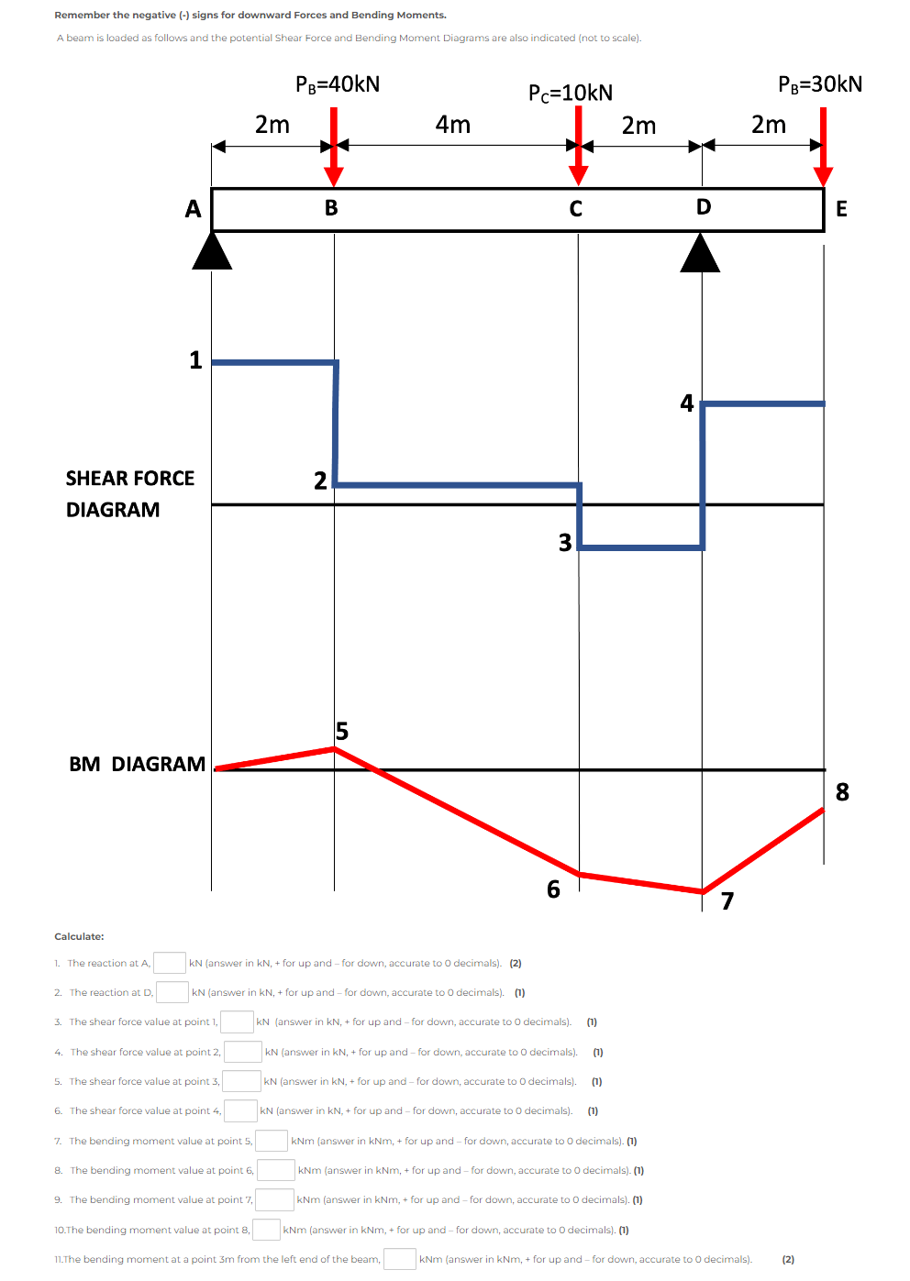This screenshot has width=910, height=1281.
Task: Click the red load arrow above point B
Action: click(x=334, y=147)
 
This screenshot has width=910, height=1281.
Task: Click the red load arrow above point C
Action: click(x=578, y=147)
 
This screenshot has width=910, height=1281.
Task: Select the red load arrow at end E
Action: click(x=823, y=147)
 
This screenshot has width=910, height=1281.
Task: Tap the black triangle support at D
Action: click(x=700, y=254)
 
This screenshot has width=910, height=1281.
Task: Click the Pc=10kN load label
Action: click(x=570, y=93)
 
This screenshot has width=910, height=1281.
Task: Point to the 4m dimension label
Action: click(x=452, y=125)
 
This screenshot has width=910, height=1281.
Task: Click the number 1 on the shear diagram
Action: click(x=195, y=359)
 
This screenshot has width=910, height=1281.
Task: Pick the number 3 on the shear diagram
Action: click(x=565, y=543)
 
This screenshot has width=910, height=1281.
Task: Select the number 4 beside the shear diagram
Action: click(x=687, y=403)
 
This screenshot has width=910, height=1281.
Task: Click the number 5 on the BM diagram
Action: click(x=342, y=731)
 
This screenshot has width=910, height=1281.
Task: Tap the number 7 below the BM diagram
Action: click(x=727, y=900)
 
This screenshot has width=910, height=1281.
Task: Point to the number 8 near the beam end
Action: click(x=842, y=791)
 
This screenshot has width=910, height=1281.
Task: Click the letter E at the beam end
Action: click(x=841, y=209)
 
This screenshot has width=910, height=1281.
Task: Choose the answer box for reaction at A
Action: click(x=170, y=963)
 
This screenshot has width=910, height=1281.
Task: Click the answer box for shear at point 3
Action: click(x=242, y=1081)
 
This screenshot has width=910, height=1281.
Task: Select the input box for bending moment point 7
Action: click(x=274, y=1199)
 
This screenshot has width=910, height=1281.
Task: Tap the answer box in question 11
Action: click(x=400, y=1259)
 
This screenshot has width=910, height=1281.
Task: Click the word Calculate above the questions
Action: click(x=79, y=936)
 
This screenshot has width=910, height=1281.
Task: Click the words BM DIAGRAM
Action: click(x=138, y=764)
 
